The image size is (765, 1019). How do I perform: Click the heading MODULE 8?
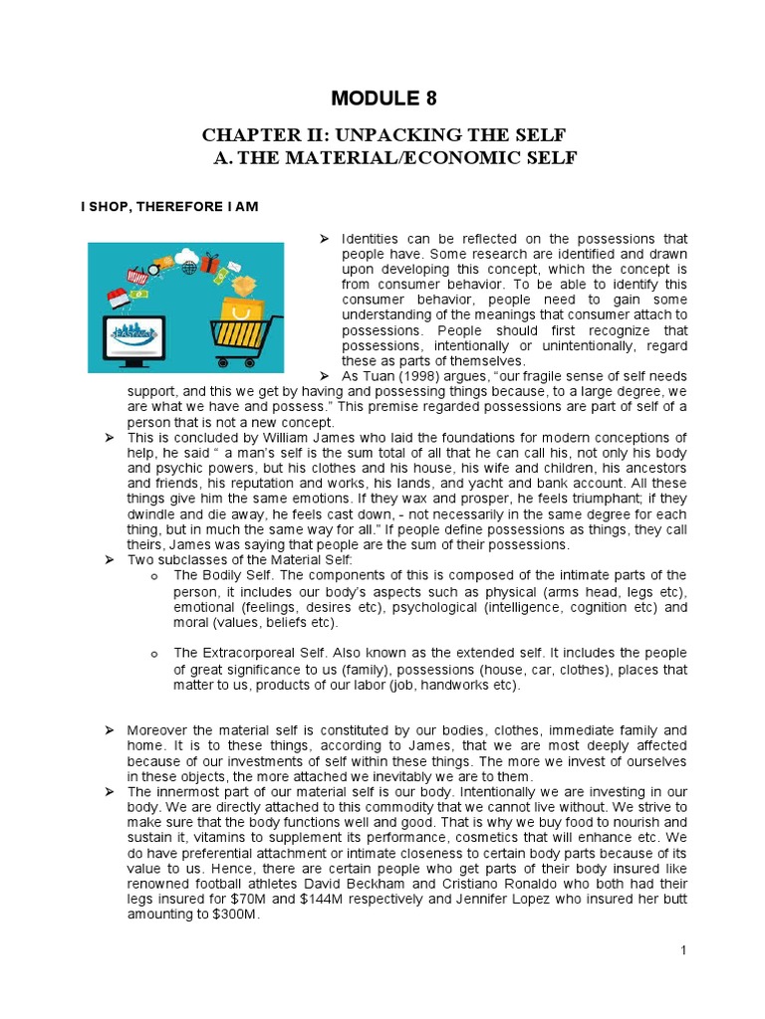point(382,98)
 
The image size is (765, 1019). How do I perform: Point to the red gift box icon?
point(209,264)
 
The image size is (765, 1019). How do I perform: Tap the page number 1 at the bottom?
point(683,950)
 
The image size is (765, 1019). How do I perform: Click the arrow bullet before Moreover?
point(111,730)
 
